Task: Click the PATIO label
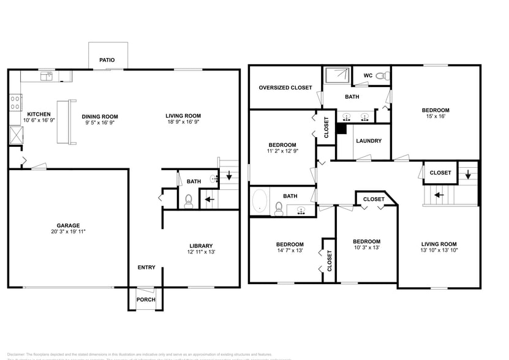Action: pyautogui.click(x=108, y=61)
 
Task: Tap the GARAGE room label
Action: pyautogui.click(x=69, y=225)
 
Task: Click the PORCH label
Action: pyautogui.click(x=146, y=299)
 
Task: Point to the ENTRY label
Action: pyautogui.click(x=146, y=267)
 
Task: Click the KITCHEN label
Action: pyautogui.click(x=38, y=114)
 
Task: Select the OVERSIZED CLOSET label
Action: pyautogui.click(x=285, y=88)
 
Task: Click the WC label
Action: pyautogui.click(x=368, y=76)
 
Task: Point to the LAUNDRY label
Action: pyautogui.click(x=369, y=141)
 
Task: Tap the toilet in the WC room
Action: pyautogui.click(x=382, y=76)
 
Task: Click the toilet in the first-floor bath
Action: pyautogui.click(x=189, y=200)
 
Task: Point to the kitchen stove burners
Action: pyautogui.click(x=15, y=102)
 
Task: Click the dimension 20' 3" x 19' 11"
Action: pyautogui.click(x=69, y=233)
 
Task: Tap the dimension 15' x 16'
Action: pyautogui.click(x=435, y=118)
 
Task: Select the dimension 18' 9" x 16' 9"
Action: pyautogui.click(x=183, y=123)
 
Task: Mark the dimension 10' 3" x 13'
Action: pyautogui.click(x=366, y=249)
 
